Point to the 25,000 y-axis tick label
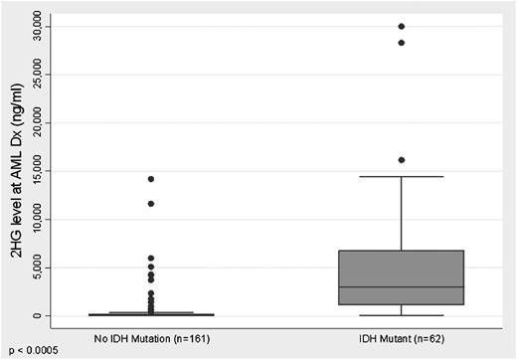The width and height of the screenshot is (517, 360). coord(40,75)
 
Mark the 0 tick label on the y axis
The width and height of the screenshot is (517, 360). coord(40,315)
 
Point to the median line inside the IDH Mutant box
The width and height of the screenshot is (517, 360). coord(402,287)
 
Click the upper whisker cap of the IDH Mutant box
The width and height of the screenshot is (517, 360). coord(402,177)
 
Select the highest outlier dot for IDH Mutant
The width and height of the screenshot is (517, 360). coord(402,26)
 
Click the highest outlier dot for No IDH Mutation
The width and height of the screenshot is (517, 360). coord(150,179)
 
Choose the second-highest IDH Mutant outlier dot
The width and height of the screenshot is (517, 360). coord(402,43)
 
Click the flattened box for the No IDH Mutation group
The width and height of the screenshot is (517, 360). coord(150,313)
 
